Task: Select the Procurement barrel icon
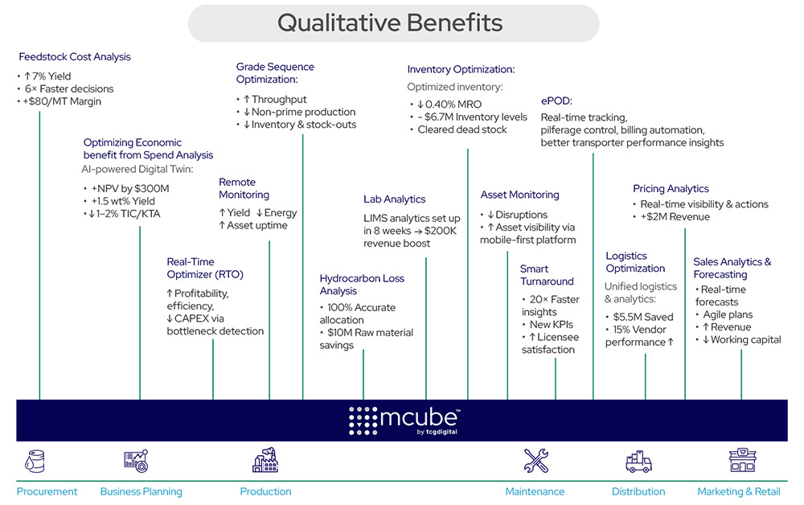(35, 461)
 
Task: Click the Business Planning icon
(136, 461)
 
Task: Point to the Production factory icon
(265, 460)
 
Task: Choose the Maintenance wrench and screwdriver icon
(535, 461)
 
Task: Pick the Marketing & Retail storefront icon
(743, 461)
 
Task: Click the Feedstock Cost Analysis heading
(74, 57)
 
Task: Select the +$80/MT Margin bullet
(59, 102)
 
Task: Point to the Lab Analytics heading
(394, 199)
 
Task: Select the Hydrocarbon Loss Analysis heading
(362, 285)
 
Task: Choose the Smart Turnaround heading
(547, 275)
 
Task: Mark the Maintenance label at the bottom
(535, 491)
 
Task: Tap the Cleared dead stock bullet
(461, 129)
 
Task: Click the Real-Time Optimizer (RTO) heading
(205, 268)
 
